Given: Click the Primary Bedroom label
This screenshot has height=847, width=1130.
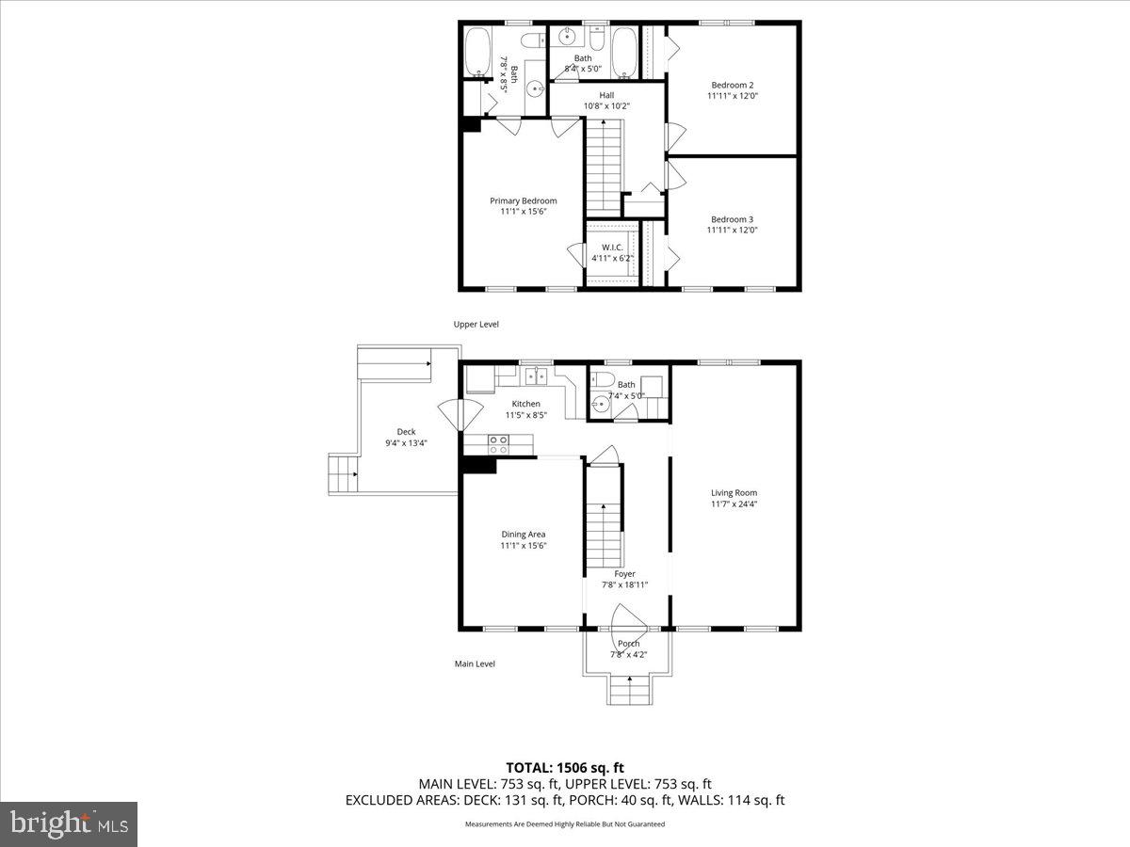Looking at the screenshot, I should pyautogui.click(x=523, y=200).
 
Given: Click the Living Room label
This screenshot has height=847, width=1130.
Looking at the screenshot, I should pyautogui.click(x=734, y=492).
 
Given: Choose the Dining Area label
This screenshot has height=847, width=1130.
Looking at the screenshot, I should pyautogui.click(x=523, y=534).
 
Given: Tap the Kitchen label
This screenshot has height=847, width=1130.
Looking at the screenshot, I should pyautogui.click(x=525, y=404).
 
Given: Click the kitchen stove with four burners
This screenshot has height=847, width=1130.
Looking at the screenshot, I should pyautogui.click(x=499, y=443).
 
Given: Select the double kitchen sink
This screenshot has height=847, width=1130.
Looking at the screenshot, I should pyautogui.click(x=536, y=376).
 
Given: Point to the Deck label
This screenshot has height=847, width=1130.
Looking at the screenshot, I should pyautogui.click(x=406, y=432).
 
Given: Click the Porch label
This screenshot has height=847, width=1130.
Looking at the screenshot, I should pyautogui.click(x=628, y=644).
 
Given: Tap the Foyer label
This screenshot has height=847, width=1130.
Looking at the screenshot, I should pyautogui.click(x=624, y=573).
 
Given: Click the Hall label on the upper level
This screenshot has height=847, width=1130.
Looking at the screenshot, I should pyautogui.click(x=606, y=94).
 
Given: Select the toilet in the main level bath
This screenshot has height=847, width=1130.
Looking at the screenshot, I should pyautogui.click(x=603, y=380).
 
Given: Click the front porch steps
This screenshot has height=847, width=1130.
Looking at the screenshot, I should pyautogui.click(x=628, y=693).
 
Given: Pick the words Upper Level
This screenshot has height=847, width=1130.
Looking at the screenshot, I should pyautogui.click(x=476, y=324).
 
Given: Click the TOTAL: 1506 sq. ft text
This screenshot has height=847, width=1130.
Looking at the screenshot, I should pyautogui.click(x=565, y=766).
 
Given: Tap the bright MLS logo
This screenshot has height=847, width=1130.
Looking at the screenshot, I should pyautogui.click(x=69, y=824).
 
